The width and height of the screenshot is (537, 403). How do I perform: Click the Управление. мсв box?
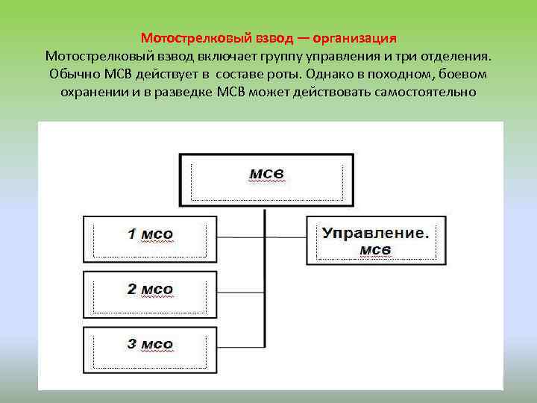coord(376,240)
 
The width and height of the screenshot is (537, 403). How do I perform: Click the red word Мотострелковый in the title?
coord(186,37)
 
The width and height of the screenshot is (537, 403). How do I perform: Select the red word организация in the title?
coord(354,37)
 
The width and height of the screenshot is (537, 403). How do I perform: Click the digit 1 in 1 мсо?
coord(131,234)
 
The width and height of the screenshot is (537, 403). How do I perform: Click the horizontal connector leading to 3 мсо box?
coord(240,349)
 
